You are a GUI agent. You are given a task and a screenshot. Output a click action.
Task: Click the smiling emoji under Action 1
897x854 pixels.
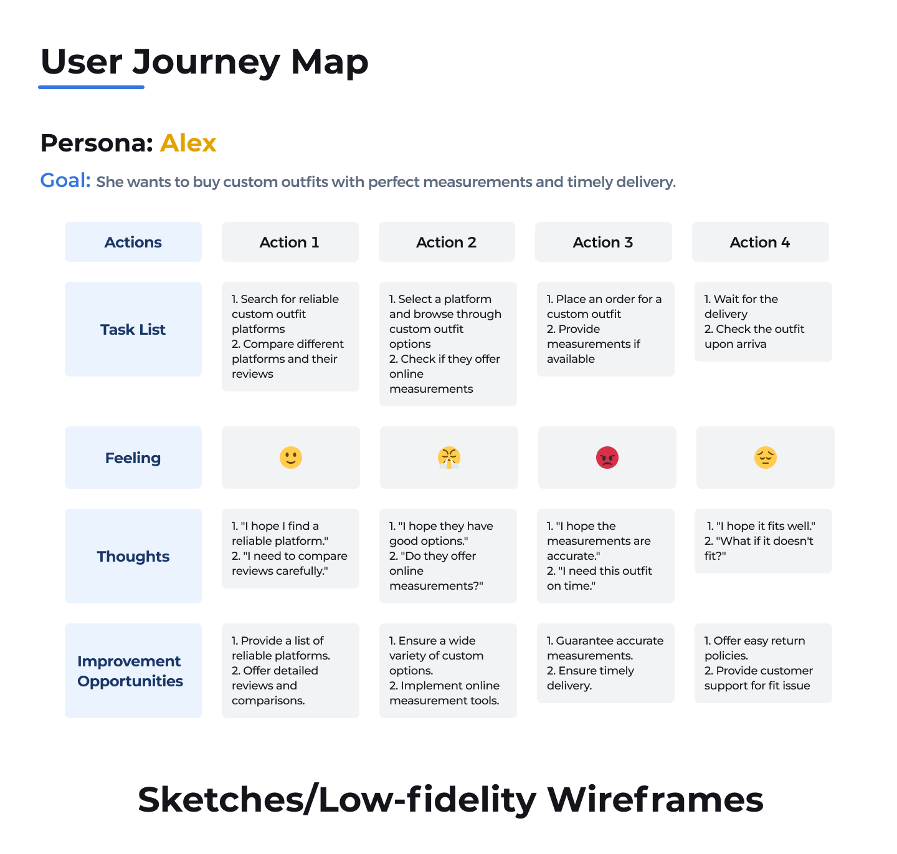[x=290, y=457]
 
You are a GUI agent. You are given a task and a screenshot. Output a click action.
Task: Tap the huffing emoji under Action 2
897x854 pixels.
[x=448, y=457]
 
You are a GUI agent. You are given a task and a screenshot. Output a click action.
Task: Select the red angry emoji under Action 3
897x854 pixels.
[x=606, y=457]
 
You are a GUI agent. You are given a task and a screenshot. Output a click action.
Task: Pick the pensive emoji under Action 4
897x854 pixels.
[x=765, y=457]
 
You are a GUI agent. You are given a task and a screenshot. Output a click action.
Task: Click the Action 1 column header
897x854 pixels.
[x=290, y=242]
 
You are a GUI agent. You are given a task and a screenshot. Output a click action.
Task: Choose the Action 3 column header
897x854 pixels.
[x=603, y=242]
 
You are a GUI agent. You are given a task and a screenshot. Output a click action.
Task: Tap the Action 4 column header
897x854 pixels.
[x=760, y=242]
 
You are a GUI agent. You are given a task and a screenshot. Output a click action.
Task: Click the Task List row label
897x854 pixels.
[x=133, y=329]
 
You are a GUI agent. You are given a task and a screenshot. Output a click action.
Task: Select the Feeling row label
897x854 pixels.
[x=133, y=457]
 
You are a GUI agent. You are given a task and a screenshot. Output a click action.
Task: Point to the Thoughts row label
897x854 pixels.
[x=133, y=555]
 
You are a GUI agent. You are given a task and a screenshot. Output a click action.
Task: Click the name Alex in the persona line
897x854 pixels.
[x=188, y=143]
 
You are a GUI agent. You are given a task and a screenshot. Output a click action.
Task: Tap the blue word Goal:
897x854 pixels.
[x=65, y=180]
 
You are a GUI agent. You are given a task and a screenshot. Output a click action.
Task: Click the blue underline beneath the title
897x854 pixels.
[x=91, y=87]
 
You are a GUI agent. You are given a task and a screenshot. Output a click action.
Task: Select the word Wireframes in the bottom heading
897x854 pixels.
[x=655, y=799]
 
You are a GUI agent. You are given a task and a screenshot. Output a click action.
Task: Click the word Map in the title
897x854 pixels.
[x=329, y=62]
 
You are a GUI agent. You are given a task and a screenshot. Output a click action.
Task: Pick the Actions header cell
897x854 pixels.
[x=133, y=242]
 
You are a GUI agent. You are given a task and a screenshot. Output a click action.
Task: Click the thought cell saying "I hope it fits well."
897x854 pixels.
[x=763, y=540]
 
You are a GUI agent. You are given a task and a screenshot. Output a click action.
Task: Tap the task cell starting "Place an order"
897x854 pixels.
[x=605, y=329]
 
